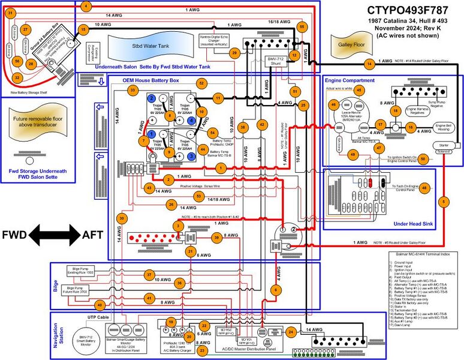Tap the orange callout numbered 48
click(424, 188)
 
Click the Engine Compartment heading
click(350, 80)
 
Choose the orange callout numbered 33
click(132, 89)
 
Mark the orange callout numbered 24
click(290, 331)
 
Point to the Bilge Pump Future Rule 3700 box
click(79, 292)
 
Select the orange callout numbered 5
click(444, 202)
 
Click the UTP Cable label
click(82, 317)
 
